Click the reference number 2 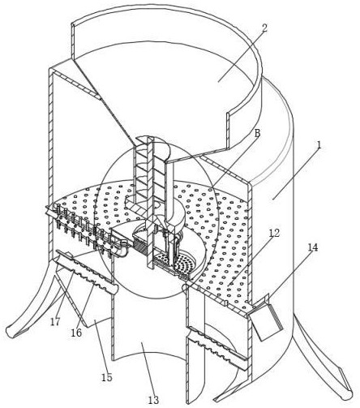(264, 28)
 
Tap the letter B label (257, 133)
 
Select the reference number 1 (319, 145)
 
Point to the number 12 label (274, 233)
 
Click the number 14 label (313, 247)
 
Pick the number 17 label (56, 322)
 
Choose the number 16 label (76, 333)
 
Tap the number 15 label (107, 377)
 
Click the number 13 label (153, 399)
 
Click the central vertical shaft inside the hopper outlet (149, 203)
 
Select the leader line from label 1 (296, 174)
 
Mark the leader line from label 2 (242, 58)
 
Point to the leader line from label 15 (101, 346)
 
